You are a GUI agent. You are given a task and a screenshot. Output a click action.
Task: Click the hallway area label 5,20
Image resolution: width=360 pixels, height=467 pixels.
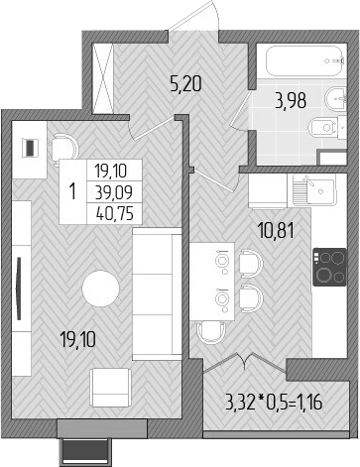[186, 84]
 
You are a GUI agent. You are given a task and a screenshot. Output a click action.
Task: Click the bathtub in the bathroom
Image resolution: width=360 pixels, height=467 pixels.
[301, 63]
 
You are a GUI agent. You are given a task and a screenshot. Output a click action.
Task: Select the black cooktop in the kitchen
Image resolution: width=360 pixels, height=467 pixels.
[330, 265]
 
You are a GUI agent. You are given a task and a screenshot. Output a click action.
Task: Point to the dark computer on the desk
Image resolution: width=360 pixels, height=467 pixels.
[31, 148]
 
